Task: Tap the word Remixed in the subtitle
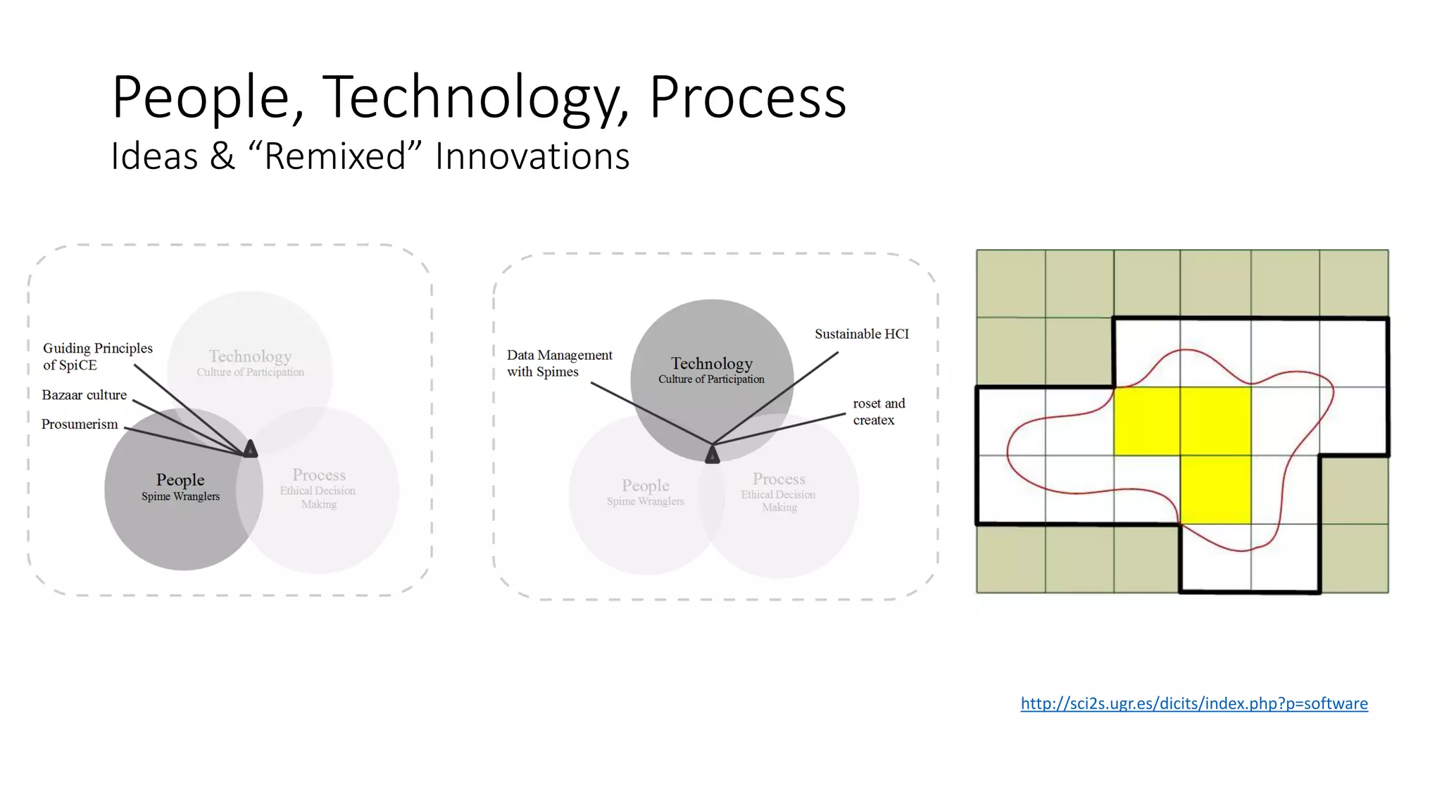click(335, 156)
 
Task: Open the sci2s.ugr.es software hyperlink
click(1194, 703)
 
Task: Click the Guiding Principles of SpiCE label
click(97, 356)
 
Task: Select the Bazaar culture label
click(84, 395)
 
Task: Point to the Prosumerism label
click(80, 424)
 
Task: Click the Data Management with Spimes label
click(559, 363)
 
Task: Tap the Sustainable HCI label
click(862, 334)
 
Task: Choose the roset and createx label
click(878, 411)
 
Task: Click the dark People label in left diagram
click(180, 480)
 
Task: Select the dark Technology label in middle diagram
click(711, 364)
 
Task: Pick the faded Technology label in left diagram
click(250, 356)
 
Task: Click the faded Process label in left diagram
click(319, 475)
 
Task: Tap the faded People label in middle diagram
click(645, 486)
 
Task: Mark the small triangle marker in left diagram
click(250, 449)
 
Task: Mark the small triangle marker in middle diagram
click(713, 455)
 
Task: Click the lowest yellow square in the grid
click(1215, 490)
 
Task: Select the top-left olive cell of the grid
click(1010, 283)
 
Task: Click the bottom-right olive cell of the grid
click(1354, 558)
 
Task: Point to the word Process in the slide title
click(747, 99)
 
